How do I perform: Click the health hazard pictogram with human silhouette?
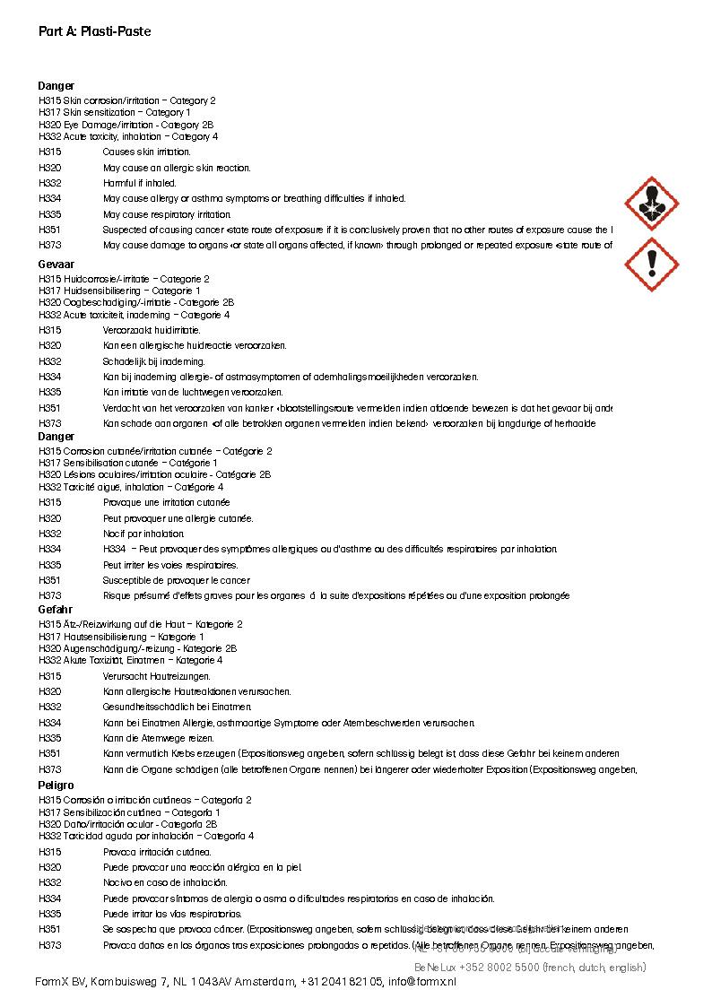click(651, 203)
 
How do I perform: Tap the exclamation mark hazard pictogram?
click(651, 265)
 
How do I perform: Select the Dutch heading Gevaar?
click(56, 265)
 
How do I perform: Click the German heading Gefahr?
click(56, 610)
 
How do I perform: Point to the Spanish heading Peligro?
click(56, 786)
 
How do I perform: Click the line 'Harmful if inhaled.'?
click(140, 183)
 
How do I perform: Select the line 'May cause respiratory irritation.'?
click(167, 214)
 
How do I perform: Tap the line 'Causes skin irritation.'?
click(147, 152)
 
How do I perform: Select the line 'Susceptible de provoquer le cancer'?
click(164, 580)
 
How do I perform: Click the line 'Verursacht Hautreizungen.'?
click(157, 676)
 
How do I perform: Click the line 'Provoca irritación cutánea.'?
click(157, 852)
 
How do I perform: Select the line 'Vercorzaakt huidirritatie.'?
click(152, 330)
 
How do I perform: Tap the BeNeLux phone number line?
click(530, 968)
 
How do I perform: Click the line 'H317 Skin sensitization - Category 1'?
click(115, 113)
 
